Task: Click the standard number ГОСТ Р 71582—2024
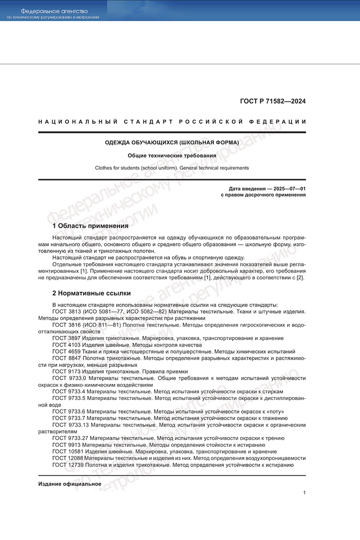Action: pos(273,101)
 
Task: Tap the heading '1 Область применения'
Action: pos(90,225)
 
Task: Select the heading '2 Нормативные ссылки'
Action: pos(91,293)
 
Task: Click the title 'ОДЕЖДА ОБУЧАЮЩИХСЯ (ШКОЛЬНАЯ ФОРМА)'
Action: pos(172,143)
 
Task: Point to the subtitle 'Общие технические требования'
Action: pos(172,155)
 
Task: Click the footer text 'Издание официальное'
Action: pos(70,484)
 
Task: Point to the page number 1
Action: pos(304,493)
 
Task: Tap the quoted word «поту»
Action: pos(274,411)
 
